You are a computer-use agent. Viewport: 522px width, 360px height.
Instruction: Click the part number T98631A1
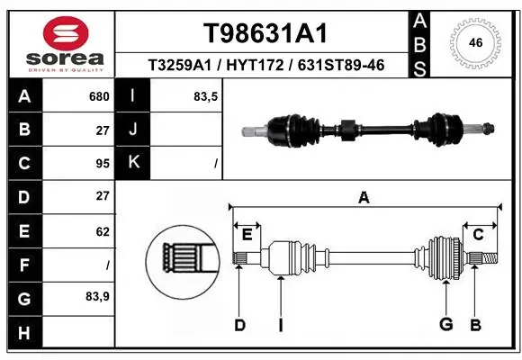264,33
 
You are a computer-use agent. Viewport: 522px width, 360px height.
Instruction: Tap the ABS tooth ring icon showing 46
477,41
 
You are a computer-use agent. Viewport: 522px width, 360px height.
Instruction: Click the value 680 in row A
99,96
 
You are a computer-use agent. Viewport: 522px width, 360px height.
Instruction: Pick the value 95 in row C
102,163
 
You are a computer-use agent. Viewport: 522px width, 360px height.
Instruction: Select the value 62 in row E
102,231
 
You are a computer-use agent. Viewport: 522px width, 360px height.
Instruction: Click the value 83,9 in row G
97,298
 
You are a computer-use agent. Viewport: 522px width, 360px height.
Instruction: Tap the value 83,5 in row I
206,96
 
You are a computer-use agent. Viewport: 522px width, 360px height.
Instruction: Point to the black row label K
133,163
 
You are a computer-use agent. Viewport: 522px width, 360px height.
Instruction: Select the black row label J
133,130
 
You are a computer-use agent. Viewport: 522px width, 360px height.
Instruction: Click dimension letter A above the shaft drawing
364,198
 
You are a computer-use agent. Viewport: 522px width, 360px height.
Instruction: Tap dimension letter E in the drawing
247,234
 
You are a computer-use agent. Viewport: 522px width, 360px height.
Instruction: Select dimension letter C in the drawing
479,234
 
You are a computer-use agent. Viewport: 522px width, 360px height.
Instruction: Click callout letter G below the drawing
445,325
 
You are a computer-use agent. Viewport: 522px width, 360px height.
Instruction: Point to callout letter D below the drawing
239,325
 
